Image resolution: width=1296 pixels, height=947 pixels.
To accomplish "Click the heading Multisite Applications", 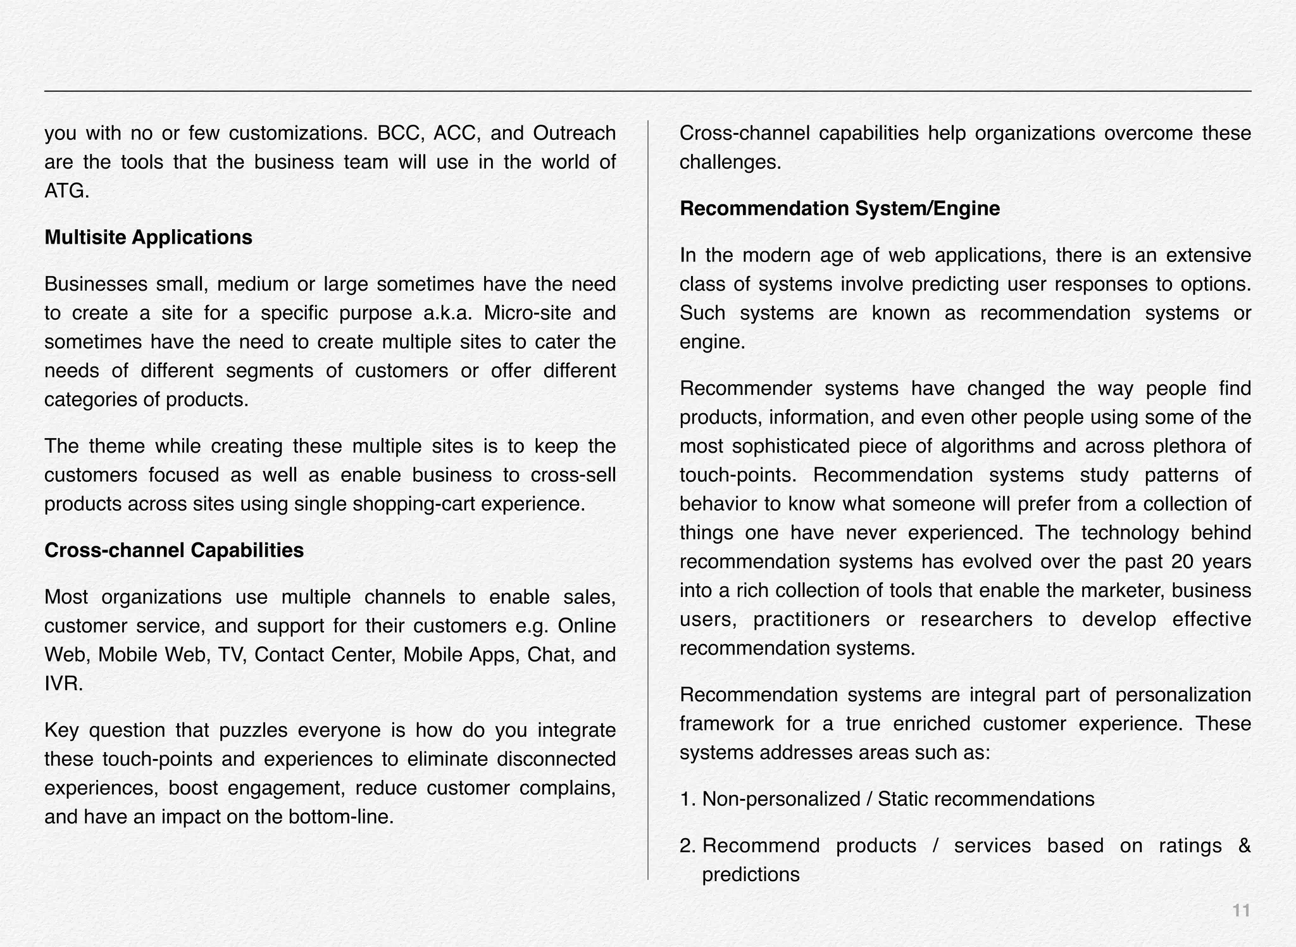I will (x=148, y=237).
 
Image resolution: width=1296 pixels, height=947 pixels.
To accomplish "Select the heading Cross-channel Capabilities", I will (x=174, y=550).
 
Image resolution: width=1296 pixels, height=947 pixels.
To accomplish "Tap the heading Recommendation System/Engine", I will (x=840, y=208).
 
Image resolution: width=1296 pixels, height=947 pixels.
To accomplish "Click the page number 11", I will (x=1241, y=910).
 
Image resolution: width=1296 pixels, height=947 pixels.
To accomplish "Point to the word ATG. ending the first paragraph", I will (x=66, y=191).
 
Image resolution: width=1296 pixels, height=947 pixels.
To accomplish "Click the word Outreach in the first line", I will (x=574, y=134).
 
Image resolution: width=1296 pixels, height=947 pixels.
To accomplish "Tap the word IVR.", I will (x=63, y=684).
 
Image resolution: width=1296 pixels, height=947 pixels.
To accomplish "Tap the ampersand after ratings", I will (x=1243, y=846).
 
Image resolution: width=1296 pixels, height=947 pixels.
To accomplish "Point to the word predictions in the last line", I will (x=751, y=875).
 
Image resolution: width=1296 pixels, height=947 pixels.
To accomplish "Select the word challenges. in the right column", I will (x=730, y=163).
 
